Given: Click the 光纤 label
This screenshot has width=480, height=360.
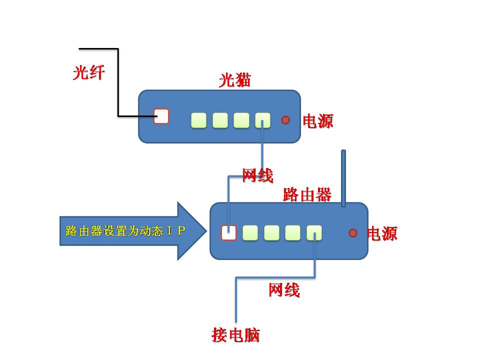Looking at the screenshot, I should point(88,73).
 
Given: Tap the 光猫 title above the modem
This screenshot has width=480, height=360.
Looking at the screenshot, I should point(234,80).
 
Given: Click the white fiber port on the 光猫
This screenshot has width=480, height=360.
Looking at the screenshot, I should point(161,116).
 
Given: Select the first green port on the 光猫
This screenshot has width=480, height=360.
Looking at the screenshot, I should point(198,120).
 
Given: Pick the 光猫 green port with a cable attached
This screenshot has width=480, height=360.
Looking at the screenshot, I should point(262,120).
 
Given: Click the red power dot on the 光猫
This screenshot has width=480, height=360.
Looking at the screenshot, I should point(285,120).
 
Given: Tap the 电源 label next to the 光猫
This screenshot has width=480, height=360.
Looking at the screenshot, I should point(318,120).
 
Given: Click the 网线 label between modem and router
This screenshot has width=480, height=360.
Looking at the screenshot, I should point(257,175).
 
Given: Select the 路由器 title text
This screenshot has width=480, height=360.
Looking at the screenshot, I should point(307,194).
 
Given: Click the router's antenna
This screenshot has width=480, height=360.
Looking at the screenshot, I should point(343,177).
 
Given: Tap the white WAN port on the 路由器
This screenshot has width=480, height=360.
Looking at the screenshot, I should point(228,232).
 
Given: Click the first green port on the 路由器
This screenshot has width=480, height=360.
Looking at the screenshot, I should point(250,232).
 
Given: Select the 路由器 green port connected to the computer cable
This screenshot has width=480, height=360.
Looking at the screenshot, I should point(314,232).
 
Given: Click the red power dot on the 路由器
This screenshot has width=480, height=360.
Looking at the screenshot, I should point(353,232).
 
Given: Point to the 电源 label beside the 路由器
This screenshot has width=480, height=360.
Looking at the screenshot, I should point(382,233).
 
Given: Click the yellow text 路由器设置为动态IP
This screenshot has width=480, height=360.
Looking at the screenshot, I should point(125,231).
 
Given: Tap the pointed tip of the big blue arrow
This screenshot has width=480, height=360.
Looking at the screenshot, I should point(205,231).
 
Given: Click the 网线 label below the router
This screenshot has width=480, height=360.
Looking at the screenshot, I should point(284,289).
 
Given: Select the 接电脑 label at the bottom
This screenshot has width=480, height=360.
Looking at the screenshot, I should point(235,335).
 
